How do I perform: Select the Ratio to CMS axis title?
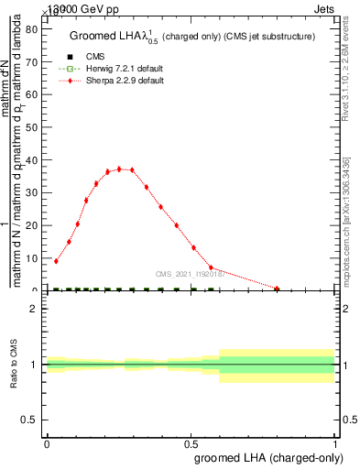coord(15,364)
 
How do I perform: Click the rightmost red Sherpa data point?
coord(278,289)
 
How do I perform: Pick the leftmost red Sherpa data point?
coord(56,261)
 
